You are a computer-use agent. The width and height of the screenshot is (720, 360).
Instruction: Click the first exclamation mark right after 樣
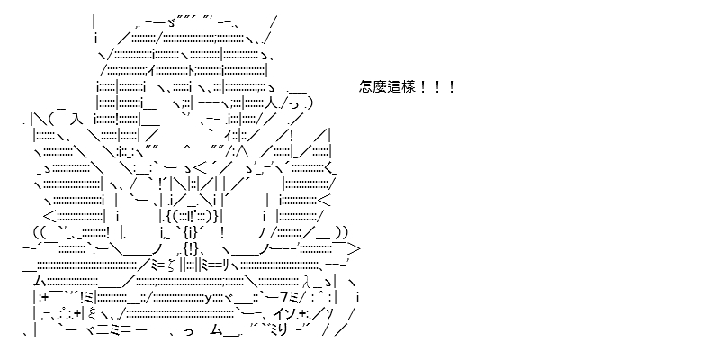pyautogui.click(x=422, y=86)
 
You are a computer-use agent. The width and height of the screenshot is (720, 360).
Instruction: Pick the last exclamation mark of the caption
pyautogui.click(x=452, y=86)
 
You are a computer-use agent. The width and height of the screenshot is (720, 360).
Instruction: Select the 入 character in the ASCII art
pyautogui.click(x=76, y=120)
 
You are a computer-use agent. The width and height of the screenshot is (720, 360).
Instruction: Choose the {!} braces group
pyautogui.click(x=190, y=249)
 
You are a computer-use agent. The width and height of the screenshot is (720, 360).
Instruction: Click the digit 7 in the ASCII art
pyautogui.click(x=283, y=298)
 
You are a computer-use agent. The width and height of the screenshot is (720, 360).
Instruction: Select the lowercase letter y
pyautogui.click(x=208, y=299)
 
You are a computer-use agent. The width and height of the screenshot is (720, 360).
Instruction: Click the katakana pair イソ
pyautogui.click(x=286, y=314)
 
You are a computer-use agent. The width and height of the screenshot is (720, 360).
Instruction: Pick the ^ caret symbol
pyautogui.click(x=186, y=147)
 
